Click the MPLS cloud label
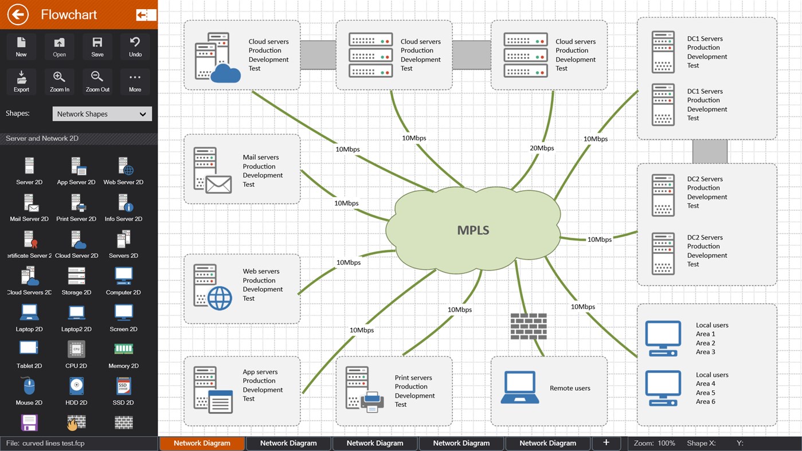point(473,230)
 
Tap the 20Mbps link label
point(542,148)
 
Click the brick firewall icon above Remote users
point(529,326)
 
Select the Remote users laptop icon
point(520,388)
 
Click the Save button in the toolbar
point(97,46)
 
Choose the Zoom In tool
point(59,81)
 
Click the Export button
point(21,81)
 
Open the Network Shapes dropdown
point(102,113)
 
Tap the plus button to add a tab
point(606,442)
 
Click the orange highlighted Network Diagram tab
point(202,443)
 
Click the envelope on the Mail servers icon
point(218,185)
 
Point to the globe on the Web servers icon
point(220,298)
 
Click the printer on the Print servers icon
point(371,401)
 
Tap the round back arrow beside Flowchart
point(18,14)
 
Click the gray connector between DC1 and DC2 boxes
point(710,151)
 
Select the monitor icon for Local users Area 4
point(663,388)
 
